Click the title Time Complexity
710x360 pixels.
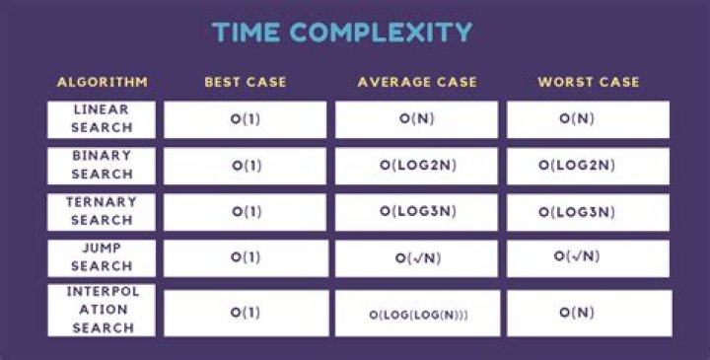(x=342, y=32)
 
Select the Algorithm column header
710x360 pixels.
(x=102, y=82)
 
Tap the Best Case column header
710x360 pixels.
(x=245, y=82)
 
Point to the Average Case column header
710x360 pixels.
(x=416, y=82)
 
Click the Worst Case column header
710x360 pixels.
(x=588, y=82)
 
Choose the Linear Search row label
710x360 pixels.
(x=102, y=118)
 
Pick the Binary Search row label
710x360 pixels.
(x=102, y=165)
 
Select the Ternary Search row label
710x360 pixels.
(x=102, y=211)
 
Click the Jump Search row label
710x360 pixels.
(x=102, y=257)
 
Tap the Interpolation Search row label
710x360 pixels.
(x=102, y=310)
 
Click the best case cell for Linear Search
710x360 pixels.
(x=245, y=119)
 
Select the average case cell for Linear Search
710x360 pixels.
(x=416, y=119)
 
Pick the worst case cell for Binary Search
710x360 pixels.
(x=588, y=166)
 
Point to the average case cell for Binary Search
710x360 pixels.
(x=416, y=166)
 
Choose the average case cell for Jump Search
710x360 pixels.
(x=416, y=258)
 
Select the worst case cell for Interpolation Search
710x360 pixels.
(x=588, y=314)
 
